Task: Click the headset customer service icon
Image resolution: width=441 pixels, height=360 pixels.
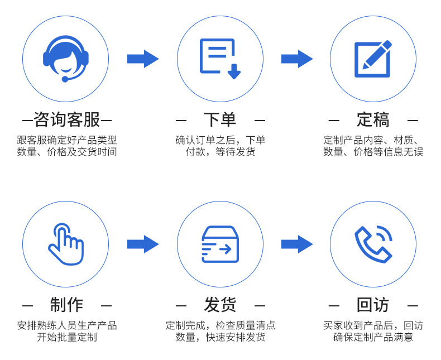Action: pos(66,59)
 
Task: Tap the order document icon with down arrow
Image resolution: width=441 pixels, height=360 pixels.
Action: pos(220,59)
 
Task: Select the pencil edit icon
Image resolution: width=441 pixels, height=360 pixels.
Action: pos(373,59)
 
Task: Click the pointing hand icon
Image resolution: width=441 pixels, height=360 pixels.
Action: pos(66,244)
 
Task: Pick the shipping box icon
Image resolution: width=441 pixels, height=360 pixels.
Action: pos(220,244)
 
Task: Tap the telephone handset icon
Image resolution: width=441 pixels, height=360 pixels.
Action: pos(373,244)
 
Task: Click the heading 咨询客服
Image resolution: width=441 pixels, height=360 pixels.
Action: pos(67,119)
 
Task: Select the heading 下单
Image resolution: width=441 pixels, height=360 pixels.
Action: pos(220,119)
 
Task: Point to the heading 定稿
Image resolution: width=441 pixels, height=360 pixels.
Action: pos(373,119)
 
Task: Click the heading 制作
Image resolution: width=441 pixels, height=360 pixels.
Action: pos(67,305)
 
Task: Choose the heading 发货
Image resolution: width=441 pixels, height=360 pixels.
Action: pos(220,305)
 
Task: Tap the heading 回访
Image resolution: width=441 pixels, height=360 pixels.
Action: pos(373,305)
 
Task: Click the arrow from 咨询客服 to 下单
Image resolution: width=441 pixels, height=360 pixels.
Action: pos(143,59)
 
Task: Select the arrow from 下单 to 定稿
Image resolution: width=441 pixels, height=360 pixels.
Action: pos(297,59)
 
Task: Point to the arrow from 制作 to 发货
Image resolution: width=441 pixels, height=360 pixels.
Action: pos(143,244)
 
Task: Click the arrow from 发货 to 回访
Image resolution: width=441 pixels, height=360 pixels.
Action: pos(297,244)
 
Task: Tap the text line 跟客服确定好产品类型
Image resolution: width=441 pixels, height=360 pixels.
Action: pos(67,140)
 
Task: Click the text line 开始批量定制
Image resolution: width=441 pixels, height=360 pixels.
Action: pos(67,337)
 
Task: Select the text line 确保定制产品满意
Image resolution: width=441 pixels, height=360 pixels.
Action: pos(373,337)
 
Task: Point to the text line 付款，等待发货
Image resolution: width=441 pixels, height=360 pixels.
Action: pos(220,152)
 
